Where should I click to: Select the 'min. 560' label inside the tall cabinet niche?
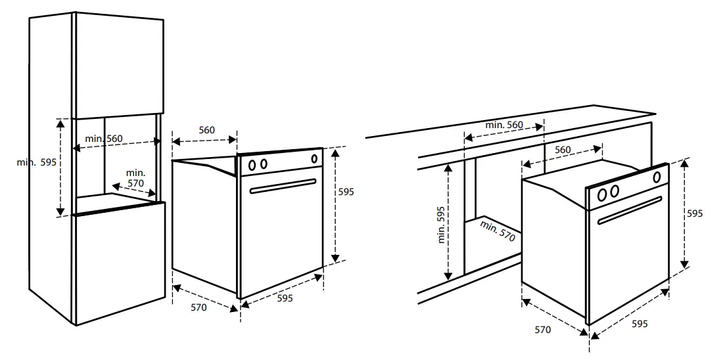click(x=103, y=139)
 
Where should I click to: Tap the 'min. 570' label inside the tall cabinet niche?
click(x=136, y=178)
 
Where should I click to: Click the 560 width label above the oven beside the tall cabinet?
click(x=206, y=130)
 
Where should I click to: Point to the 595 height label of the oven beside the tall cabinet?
click(x=346, y=192)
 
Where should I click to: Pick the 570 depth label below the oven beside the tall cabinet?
click(x=199, y=307)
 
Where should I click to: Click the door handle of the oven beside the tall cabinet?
click(x=282, y=187)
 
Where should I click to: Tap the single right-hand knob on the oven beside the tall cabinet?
click(x=314, y=158)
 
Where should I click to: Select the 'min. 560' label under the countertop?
click(x=504, y=125)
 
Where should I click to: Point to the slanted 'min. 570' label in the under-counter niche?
click(x=498, y=232)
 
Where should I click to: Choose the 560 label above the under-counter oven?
click(x=563, y=150)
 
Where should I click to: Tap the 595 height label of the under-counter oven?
click(x=695, y=214)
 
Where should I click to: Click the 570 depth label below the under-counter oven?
click(x=542, y=330)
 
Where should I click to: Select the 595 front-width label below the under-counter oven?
click(x=640, y=323)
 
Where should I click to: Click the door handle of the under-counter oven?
click(x=630, y=210)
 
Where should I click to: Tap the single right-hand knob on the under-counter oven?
click(x=657, y=176)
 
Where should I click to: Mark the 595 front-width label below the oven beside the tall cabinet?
click(x=285, y=298)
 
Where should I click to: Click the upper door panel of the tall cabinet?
click(x=118, y=66)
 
